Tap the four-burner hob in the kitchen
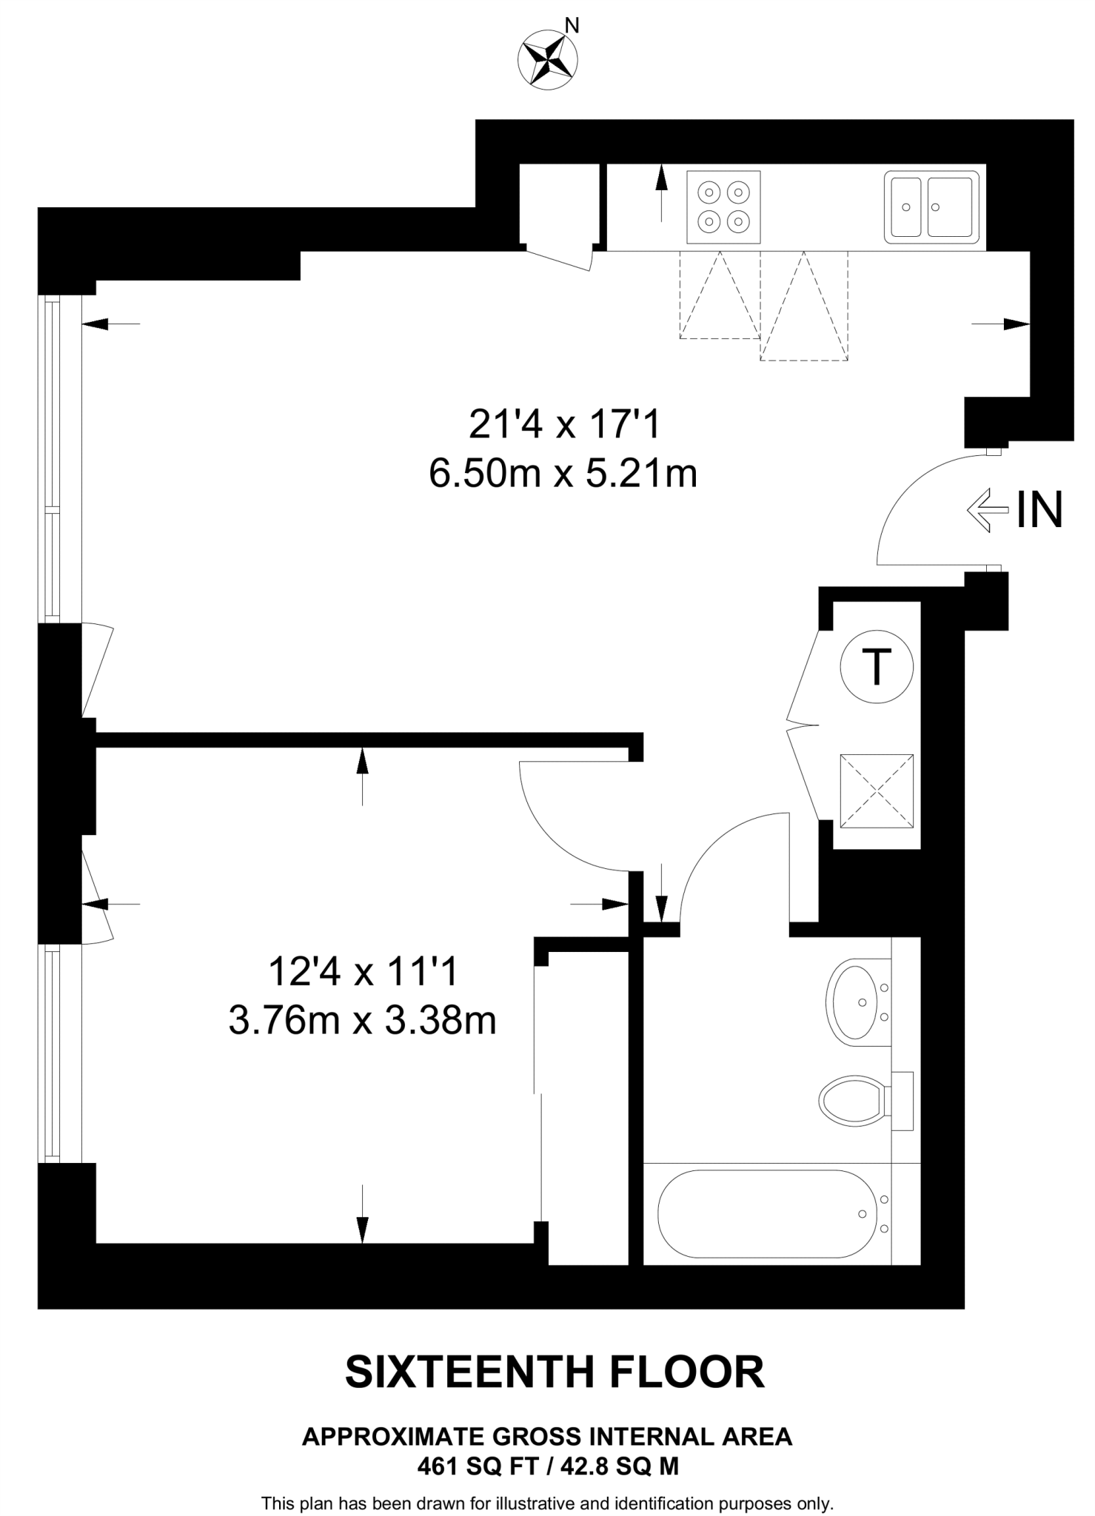pyautogui.click(x=723, y=207)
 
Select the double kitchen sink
pyautogui.click(x=931, y=207)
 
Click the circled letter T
pyautogui.click(x=877, y=667)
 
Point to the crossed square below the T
pyautogui.click(x=877, y=791)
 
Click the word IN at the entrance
pyautogui.click(x=1039, y=510)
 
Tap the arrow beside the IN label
pyautogui.click(x=988, y=510)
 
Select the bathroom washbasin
pyautogui.click(x=859, y=1002)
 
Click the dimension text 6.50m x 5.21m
pyautogui.click(x=563, y=474)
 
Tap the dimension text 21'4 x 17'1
pyautogui.click(x=563, y=425)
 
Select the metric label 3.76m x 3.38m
pyautogui.click(x=362, y=1022)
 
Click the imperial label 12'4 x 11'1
pyautogui.click(x=363, y=971)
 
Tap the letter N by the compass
pyautogui.click(x=572, y=26)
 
